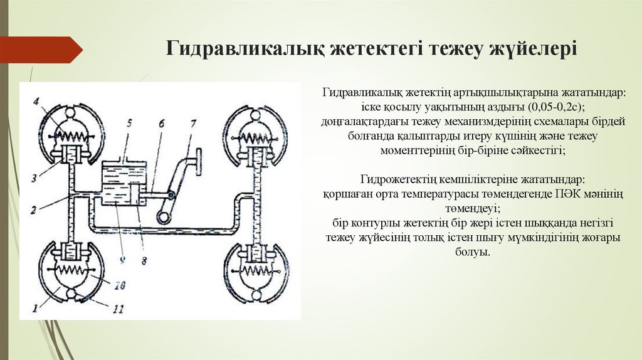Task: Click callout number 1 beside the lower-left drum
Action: tap(36, 308)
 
